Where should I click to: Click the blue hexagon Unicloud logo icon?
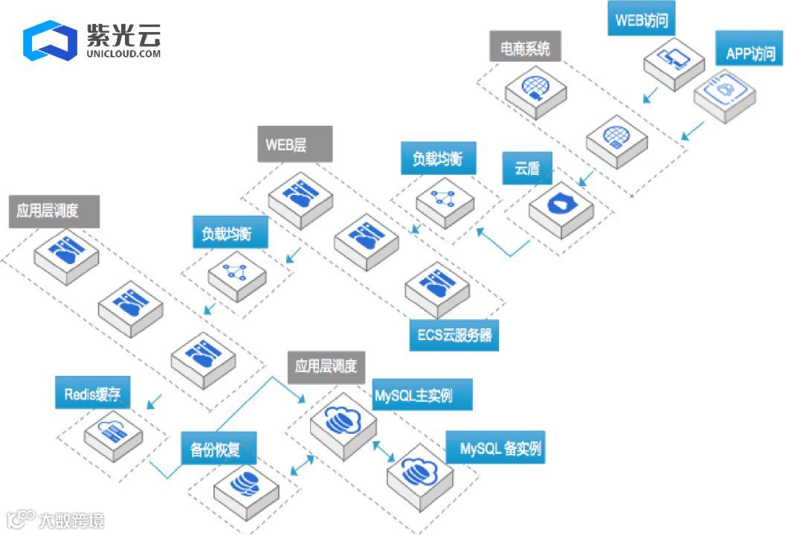50,40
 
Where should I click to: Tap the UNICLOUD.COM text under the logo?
123,54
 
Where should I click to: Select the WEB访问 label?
642,21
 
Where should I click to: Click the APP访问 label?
749,53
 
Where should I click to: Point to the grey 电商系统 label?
525,49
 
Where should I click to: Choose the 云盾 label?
527,168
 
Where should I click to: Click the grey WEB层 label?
286,144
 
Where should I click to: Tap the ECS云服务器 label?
454,335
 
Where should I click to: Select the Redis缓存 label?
92,394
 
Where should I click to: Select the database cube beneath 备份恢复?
245,486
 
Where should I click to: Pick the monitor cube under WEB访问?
674,63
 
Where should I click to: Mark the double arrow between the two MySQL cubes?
384,449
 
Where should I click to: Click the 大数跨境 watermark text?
71,520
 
